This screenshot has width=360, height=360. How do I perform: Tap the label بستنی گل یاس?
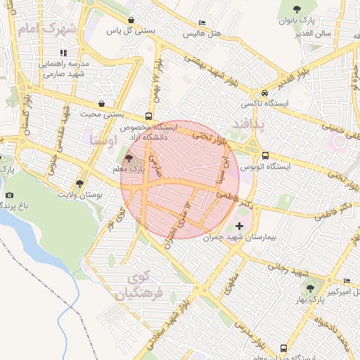coord(130,32)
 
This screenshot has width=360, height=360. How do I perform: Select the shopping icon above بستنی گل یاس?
coord(131,20)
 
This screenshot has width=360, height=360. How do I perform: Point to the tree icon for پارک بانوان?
coord(297,9)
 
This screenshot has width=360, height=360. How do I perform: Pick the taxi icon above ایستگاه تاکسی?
coord(264,93)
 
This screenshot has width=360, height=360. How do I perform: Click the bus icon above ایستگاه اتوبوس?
coord(265,155)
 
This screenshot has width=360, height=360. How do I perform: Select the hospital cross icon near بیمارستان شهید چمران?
coord(239,226)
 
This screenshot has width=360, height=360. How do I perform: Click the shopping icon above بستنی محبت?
coord(103,102)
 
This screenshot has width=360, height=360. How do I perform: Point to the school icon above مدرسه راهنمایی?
coord(63,52)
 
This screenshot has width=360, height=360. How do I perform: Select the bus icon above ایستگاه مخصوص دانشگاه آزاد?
coord(148,116)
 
